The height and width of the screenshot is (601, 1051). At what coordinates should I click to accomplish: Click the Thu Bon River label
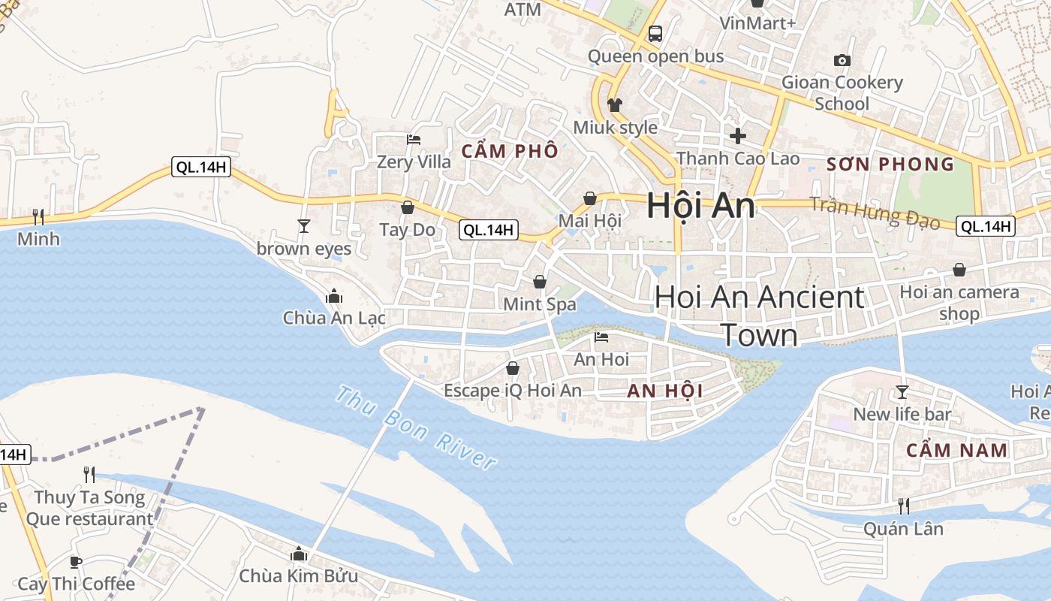[x=416, y=427]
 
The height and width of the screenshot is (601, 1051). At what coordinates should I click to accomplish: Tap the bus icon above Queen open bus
[x=655, y=33]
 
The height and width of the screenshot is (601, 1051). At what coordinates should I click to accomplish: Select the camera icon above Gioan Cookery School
[x=842, y=60]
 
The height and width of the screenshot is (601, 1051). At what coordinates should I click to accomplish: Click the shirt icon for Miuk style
[x=615, y=105]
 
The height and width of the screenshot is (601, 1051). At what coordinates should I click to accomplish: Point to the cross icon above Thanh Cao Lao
[x=738, y=136]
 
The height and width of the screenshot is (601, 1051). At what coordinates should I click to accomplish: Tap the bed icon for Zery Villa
[x=414, y=139]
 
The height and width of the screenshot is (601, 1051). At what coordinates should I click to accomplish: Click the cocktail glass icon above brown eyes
[x=304, y=225]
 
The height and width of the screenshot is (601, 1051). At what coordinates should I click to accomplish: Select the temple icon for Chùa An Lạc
[x=334, y=296]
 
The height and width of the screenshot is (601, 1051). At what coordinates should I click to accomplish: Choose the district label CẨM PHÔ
[x=510, y=151]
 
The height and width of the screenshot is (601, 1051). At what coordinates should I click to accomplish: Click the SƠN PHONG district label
[x=890, y=165]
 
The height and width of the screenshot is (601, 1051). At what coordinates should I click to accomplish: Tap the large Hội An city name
[x=700, y=206]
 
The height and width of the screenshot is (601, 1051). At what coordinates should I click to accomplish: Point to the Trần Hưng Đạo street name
[x=875, y=212]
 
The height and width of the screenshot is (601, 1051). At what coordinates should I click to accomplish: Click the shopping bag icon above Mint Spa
[x=539, y=282]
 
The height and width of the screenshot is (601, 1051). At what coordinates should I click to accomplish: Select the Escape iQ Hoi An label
[x=513, y=391]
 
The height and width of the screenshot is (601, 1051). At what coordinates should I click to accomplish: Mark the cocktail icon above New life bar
[x=902, y=391]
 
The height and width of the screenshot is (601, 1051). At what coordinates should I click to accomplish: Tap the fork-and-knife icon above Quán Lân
[x=904, y=506]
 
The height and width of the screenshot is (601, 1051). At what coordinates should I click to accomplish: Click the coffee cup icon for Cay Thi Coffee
[x=76, y=562]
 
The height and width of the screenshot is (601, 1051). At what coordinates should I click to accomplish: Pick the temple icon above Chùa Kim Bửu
[x=299, y=554]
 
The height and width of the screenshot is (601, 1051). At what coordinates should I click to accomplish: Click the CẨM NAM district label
[x=956, y=451]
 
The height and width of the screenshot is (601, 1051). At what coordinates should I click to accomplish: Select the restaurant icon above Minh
[x=38, y=217]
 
